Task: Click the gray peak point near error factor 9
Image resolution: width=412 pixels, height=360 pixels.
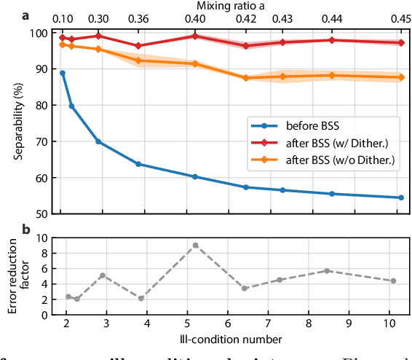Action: (195, 246)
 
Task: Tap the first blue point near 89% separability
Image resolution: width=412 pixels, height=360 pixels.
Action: (63, 73)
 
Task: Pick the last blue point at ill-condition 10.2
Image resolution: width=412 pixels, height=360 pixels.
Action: (398, 197)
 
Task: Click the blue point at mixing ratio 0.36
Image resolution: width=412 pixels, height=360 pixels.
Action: (138, 164)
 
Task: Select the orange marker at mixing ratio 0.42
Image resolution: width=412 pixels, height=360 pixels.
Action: (246, 78)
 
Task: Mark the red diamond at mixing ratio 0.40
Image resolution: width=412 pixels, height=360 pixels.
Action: (195, 36)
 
